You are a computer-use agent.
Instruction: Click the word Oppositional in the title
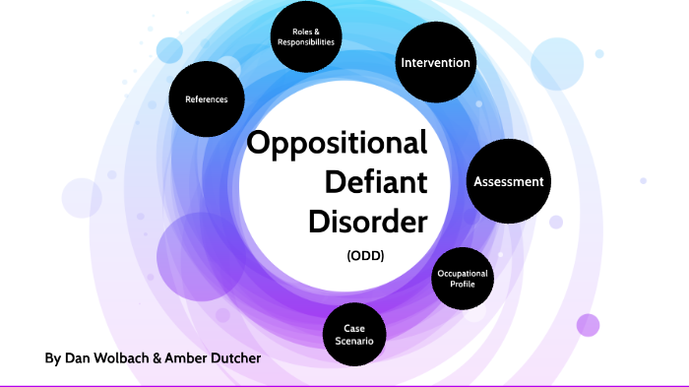pos(337,145)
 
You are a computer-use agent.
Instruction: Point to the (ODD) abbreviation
pos(364,255)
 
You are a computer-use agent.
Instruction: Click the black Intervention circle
pos(435,63)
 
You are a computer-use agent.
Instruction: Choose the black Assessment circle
pos(508,181)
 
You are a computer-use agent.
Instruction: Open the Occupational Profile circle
pos(463,278)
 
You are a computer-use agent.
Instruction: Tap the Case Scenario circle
pos(355,333)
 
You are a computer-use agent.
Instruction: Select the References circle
pos(206,99)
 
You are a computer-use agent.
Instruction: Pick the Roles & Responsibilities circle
pos(306,36)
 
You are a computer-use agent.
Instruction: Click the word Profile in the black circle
pos(463,284)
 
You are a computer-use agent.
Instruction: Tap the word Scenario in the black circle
pos(355,340)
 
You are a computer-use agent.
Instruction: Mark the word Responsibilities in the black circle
pos(306,42)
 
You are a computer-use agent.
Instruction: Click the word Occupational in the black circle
pos(463,272)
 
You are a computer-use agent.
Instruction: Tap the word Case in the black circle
pos(355,327)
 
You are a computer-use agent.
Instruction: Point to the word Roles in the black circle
pos(302,32)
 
